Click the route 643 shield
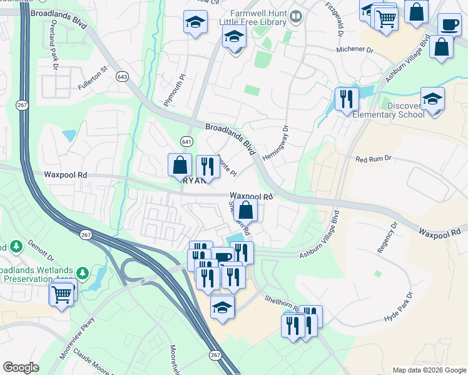pyautogui.click(x=123, y=76)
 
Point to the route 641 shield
pyautogui.click(x=186, y=141)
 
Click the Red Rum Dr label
pyautogui.click(x=373, y=159)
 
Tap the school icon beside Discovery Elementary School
pyautogui.click(x=432, y=100)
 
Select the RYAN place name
pyautogui.click(x=196, y=180)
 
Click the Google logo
pyautogui.click(x=21, y=367)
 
